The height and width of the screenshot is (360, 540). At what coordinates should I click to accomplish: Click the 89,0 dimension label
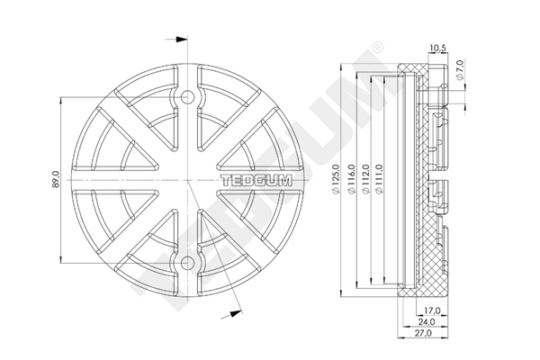(x=56, y=179)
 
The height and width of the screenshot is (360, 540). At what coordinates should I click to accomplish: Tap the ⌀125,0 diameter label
(x=336, y=179)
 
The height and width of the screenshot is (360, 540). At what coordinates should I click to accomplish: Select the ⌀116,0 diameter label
(x=351, y=179)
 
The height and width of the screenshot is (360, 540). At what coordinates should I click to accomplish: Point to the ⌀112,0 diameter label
(x=365, y=179)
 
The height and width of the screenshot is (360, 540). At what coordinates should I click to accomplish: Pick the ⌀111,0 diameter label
(x=380, y=179)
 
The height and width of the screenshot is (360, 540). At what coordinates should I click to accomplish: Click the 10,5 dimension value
(x=438, y=48)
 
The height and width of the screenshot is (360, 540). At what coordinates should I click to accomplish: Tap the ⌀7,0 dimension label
(x=461, y=70)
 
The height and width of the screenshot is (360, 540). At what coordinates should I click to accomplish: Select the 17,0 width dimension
(x=432, y=310)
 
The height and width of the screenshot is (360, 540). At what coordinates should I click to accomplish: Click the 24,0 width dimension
(x=427, y=322)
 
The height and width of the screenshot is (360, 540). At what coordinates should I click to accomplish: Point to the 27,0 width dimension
(x=423, y=333)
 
